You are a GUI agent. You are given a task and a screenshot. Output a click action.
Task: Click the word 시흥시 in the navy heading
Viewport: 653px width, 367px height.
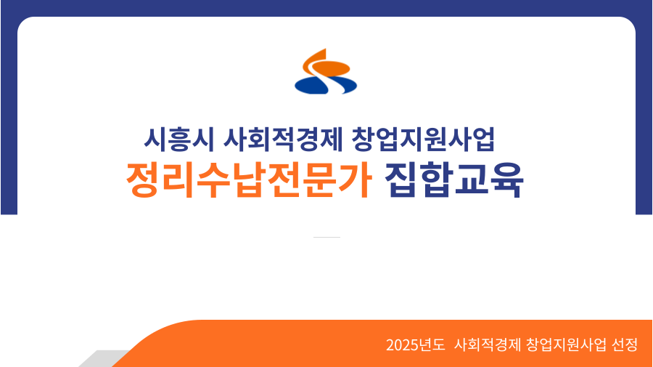(179, 140)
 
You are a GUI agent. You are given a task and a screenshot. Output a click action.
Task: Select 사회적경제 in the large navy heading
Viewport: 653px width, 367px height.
(283, 140)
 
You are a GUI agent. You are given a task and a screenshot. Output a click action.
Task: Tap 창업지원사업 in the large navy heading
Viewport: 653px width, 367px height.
(423, 140)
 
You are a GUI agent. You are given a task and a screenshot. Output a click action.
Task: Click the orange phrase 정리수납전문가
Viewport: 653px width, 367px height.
(249, 180)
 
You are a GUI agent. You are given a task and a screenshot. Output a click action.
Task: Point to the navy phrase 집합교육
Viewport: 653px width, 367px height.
(454, 180)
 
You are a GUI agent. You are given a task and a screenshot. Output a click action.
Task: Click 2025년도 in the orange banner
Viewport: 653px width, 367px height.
(415, 345)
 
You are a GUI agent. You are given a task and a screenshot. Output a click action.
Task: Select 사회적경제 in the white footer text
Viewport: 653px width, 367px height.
(488, 345)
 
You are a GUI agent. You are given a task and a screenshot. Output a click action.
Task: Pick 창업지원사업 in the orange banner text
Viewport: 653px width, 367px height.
(566, 345)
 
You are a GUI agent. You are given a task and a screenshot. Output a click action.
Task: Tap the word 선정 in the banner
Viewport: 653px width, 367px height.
(625, 345)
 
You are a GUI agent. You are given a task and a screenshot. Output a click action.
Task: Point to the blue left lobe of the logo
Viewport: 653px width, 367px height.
(311, 86)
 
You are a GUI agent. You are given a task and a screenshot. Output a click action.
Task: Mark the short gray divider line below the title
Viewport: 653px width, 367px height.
(327, 238)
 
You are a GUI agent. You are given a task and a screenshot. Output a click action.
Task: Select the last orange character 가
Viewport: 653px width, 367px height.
(355, 180)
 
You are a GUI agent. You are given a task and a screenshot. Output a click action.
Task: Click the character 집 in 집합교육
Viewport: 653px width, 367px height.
(401, 180)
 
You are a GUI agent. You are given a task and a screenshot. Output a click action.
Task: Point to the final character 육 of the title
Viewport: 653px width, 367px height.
(507, 180)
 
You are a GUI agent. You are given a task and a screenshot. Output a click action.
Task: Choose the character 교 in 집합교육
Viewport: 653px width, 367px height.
(472, 180)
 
